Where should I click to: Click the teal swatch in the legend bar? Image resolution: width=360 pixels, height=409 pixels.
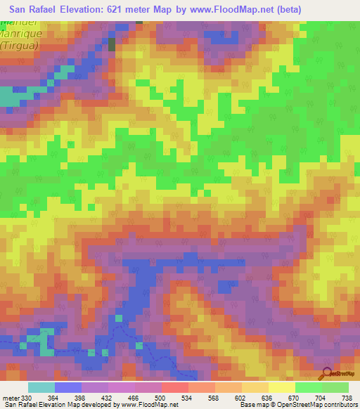coord(41,387)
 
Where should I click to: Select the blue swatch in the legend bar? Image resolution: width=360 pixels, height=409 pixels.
coord(68,387)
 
